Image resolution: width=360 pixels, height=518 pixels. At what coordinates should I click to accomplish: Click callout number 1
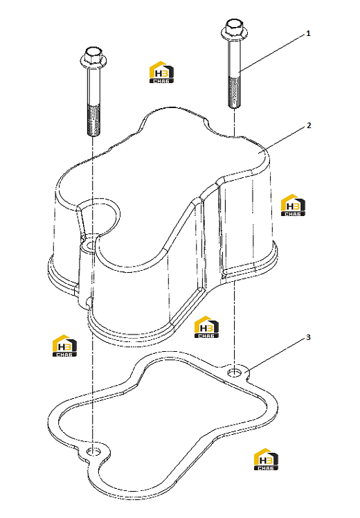308,33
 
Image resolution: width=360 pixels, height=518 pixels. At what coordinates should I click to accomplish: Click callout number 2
309,125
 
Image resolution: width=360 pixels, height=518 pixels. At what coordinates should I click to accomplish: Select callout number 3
308,337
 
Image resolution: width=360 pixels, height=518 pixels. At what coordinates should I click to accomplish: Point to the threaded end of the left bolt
93,120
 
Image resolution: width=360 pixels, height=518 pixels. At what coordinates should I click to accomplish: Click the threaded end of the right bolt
234,92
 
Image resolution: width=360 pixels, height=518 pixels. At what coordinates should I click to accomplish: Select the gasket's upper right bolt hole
235,373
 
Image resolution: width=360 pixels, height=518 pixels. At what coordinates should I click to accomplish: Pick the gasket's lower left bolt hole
93,452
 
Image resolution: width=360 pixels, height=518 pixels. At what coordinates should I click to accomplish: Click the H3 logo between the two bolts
161,72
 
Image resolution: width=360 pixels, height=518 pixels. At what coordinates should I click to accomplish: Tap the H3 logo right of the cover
293,205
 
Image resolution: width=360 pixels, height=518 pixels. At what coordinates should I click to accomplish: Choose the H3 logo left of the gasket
64,346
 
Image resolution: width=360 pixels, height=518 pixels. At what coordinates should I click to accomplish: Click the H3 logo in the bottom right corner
266,459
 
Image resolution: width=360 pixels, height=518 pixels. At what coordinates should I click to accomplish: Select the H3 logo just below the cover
206,327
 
